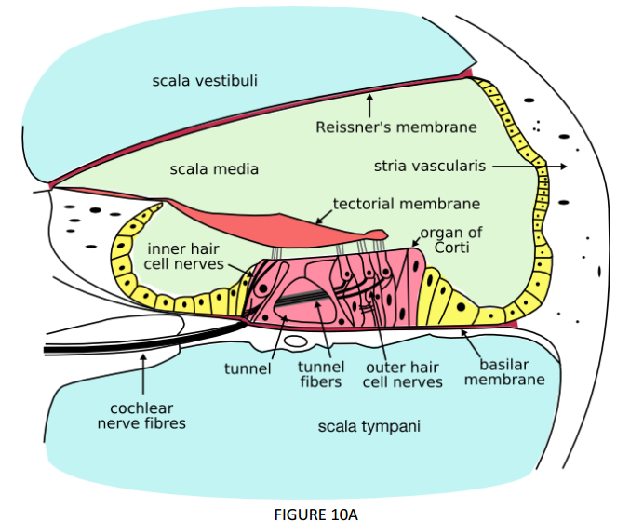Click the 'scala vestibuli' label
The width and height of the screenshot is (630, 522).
205,81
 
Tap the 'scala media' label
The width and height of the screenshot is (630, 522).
214,169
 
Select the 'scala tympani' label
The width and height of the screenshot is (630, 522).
369,427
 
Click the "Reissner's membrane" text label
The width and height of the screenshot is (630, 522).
396,127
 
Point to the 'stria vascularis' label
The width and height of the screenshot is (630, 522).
430,167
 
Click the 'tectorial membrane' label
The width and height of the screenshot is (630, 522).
407,204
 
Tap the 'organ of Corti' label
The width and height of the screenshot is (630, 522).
450,239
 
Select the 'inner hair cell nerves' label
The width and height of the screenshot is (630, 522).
184,256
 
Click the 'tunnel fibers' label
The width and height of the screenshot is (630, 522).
321,374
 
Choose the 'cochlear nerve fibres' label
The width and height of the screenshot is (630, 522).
142,416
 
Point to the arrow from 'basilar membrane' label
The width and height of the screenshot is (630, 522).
471,343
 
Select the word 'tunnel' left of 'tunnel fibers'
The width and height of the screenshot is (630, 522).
247,368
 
